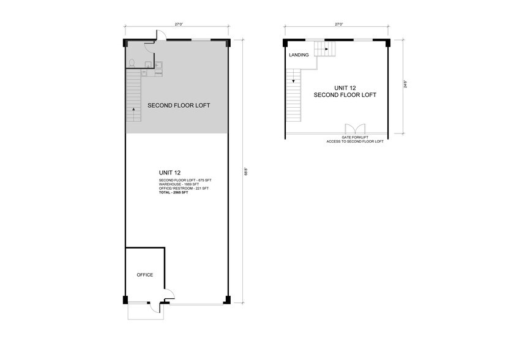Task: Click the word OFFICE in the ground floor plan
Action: pos(144,275)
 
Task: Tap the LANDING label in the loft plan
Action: pos(299,55)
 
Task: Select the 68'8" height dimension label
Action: pos(246,171)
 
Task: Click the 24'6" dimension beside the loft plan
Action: pos(405,86)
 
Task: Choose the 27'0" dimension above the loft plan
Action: pos(338,24)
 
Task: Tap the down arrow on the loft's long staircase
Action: pos(294,80)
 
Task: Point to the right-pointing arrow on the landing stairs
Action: pos(326,49)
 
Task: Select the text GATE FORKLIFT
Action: pos(354,138)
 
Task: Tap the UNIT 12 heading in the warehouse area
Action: pos(168,173)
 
